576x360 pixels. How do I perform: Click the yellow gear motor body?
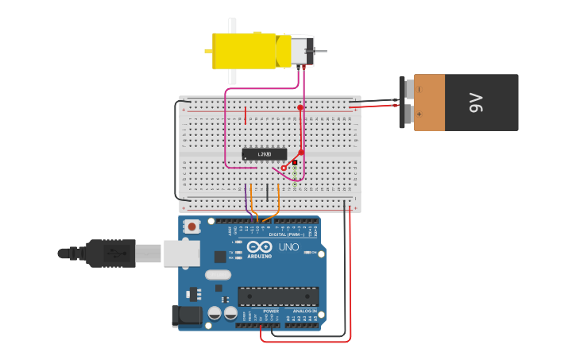pos(244,51)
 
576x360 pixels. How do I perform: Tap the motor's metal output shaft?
pos(321,51)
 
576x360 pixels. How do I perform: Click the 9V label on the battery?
pos(476,103)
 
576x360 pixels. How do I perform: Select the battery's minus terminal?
pos(406,89)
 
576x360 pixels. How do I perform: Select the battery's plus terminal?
pos(407,114)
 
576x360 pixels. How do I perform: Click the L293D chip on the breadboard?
pos(265,154)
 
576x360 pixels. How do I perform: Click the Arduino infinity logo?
pos(260,247)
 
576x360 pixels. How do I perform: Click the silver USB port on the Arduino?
pos(182,254)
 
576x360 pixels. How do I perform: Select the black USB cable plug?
pos(111,254)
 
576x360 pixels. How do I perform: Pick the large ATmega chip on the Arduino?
pos(278,296)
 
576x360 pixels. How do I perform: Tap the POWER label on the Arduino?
pos(260,311)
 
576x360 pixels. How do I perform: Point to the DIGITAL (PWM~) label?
pos(287,234)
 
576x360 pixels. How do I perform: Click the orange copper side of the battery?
pos(430,103)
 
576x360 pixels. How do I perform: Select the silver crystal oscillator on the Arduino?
pos(218,275)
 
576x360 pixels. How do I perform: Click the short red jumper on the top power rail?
pos(245,116)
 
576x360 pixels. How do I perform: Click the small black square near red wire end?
pos(295,162)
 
